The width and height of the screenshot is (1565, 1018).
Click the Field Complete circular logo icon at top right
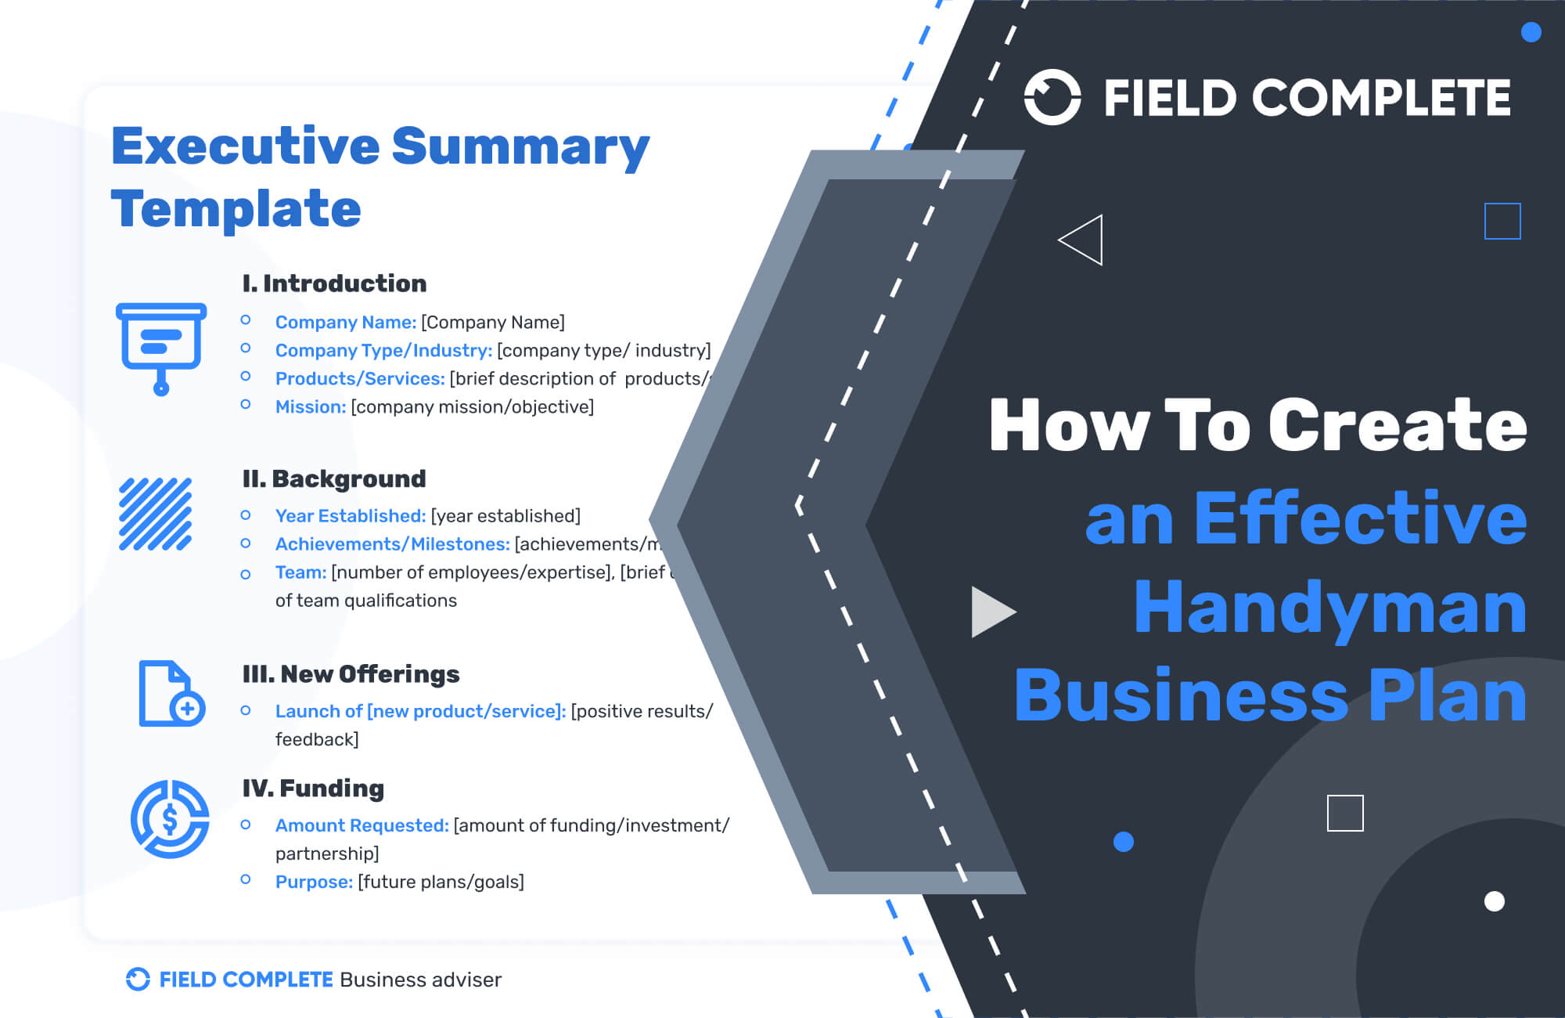pos(1052,97)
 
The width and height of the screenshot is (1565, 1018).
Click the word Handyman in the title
pos(1330,608)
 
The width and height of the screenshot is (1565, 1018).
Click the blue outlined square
pos(1502,221)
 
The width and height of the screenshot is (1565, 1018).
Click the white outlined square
pos(1345,813)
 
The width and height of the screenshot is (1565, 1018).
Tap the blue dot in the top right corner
pos(1531,32)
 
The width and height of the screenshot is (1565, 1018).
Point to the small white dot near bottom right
pos(1494,901)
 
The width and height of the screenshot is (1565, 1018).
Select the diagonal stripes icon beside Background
pos(155,514)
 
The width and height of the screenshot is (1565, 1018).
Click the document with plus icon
pos(171,694)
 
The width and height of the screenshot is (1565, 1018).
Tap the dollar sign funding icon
pos(170,819)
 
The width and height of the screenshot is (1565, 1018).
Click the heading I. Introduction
pos(334,283)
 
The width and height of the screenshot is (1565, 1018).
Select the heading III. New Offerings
pos(351,674)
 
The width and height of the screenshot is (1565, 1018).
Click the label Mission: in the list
pos(310,407)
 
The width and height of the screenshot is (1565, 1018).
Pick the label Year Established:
pos(350,516)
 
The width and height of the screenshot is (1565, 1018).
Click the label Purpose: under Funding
pos(314,882)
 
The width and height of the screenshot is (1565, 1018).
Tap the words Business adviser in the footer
pos(420,980)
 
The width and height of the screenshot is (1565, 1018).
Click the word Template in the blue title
pos(236,209)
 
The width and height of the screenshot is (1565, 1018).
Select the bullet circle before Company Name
pos(246,320)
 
